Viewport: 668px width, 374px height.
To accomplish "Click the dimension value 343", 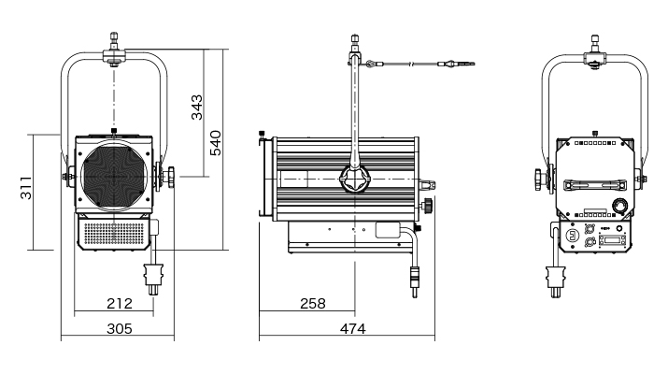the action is click(197, 107).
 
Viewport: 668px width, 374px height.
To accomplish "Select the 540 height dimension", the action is click(216, 143).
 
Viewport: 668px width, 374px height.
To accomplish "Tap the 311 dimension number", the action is click(26, 187).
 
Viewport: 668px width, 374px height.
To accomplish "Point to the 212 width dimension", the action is click(120, 304).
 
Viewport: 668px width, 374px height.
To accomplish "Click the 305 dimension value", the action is click(120, 329).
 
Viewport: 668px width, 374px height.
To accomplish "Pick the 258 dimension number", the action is click(313, 304).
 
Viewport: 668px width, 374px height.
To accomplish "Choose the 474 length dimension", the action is click(353, 329).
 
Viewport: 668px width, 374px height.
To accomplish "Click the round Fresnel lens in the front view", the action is click(114, 177).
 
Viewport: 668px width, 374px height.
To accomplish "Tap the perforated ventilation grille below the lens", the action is click(115, 234).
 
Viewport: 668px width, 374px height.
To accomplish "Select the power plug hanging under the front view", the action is click(153, 279).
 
